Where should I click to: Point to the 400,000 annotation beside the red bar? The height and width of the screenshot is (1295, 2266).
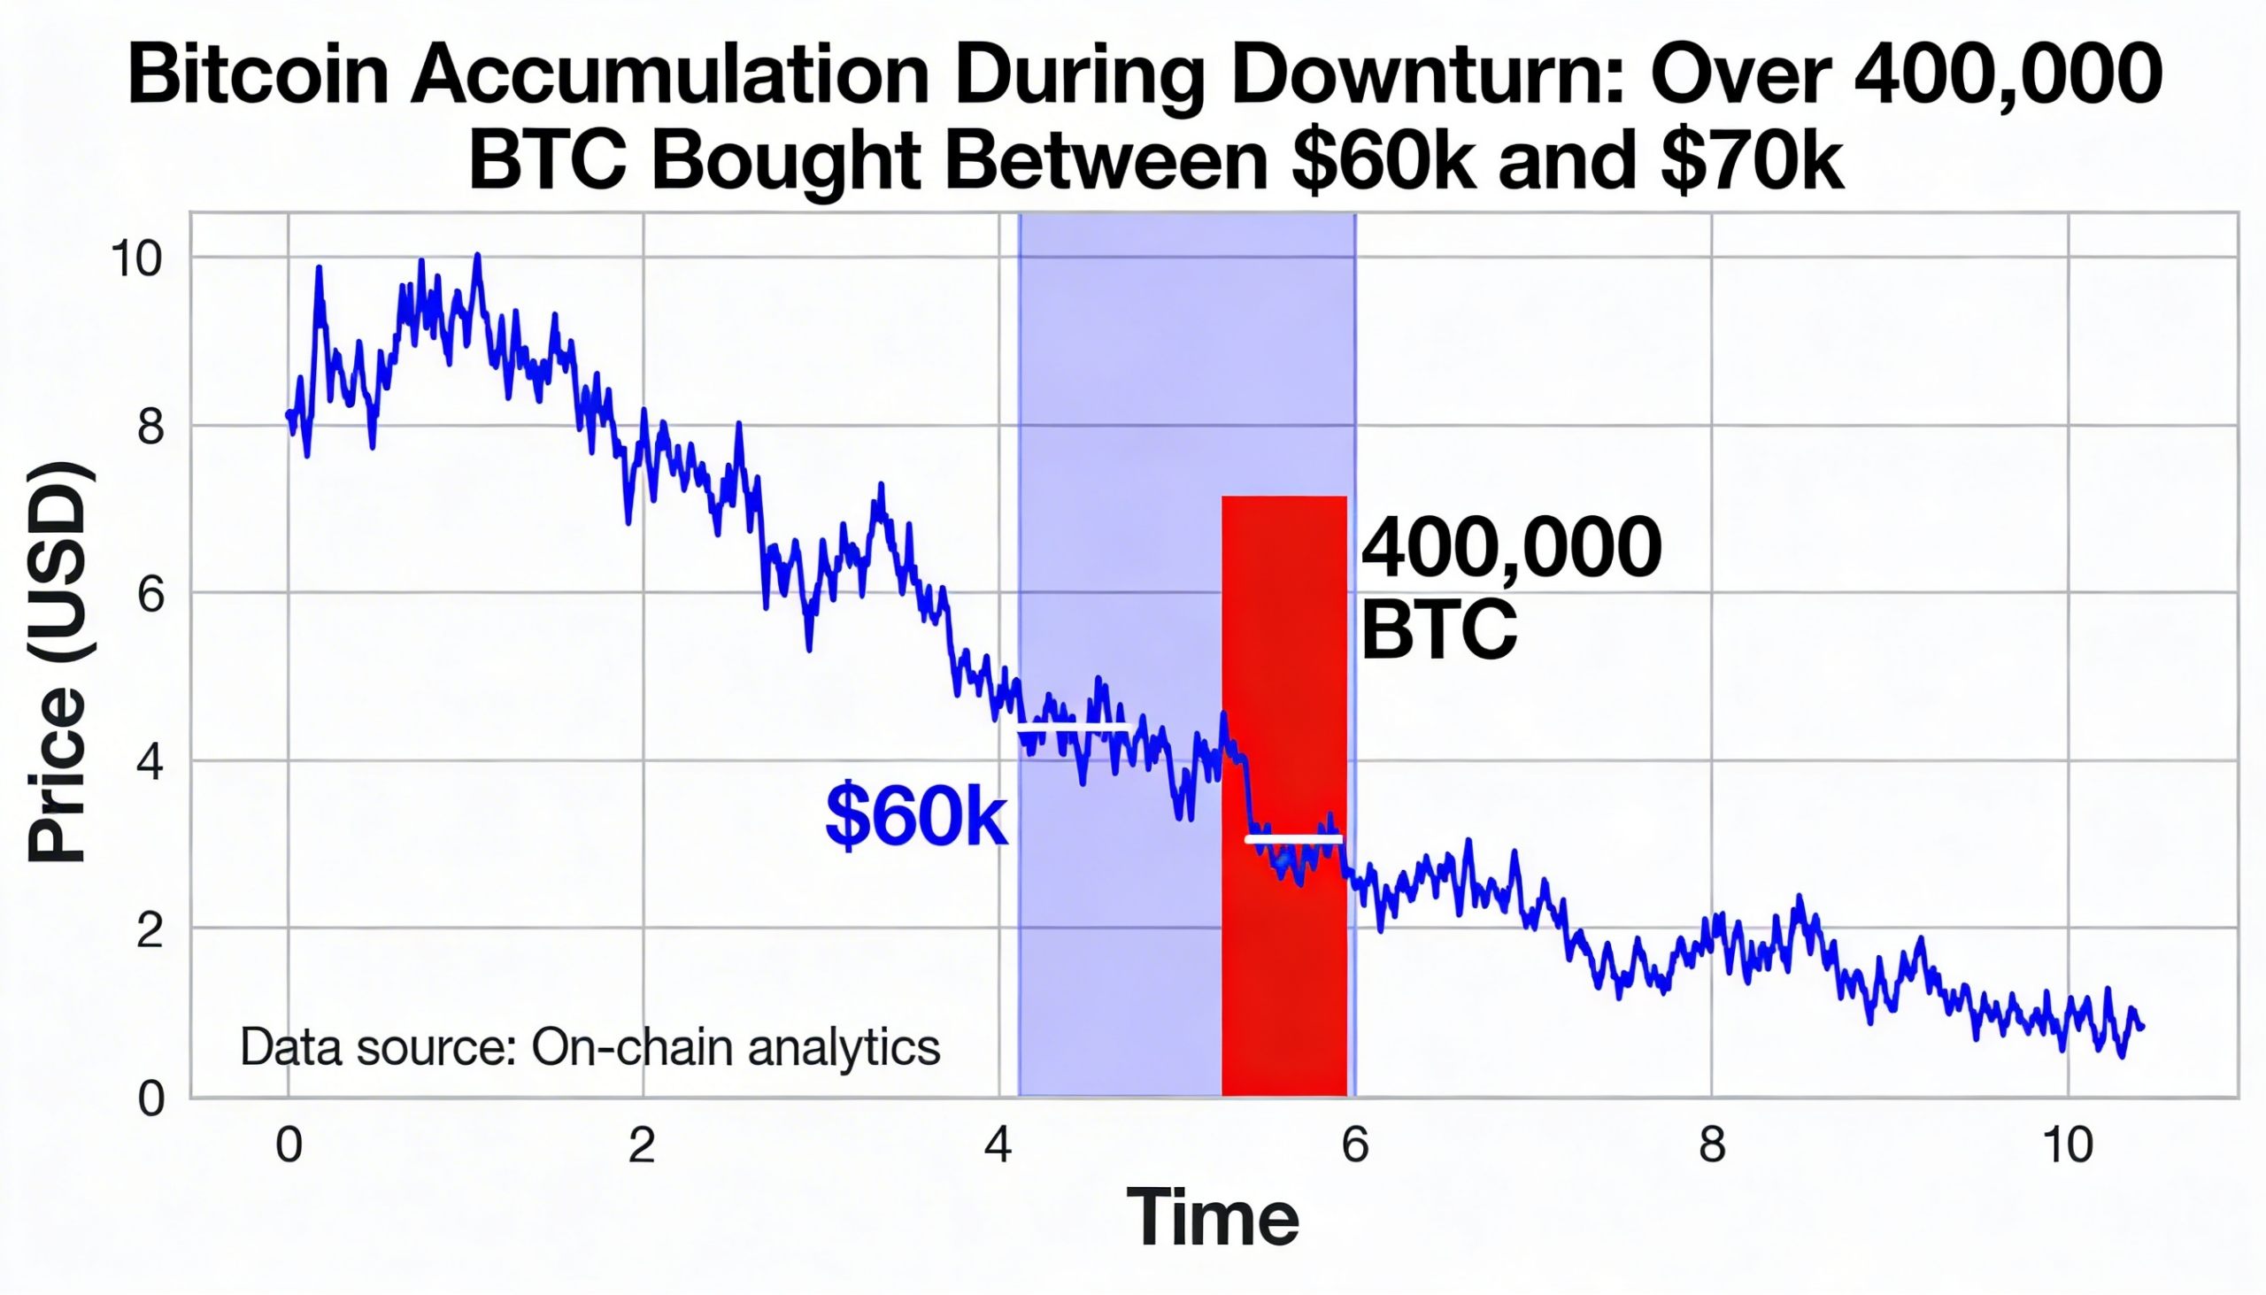click(x=1511, y=549)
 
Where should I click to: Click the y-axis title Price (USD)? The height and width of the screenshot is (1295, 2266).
click(x=58, y=662)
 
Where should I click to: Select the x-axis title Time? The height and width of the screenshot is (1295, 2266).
click(x=1212, y=1218)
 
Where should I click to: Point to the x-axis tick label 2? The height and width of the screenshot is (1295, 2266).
click(x=642, y=1145)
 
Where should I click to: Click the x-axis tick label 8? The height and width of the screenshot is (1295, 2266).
click(x=1712, y=1145)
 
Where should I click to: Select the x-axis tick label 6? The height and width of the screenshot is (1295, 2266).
click(x=1354, y=1145)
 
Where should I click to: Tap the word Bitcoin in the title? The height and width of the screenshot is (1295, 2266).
click(x=258, y=76)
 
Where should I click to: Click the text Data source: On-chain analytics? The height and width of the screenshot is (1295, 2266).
click(x=590, y=1048)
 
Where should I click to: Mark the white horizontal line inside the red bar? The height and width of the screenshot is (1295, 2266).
click(x=1293, y=839)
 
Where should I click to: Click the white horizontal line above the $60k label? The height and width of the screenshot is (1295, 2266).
click(x=1074, y=730)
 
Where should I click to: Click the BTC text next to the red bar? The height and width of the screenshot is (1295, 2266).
click(x=1438, y=629)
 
